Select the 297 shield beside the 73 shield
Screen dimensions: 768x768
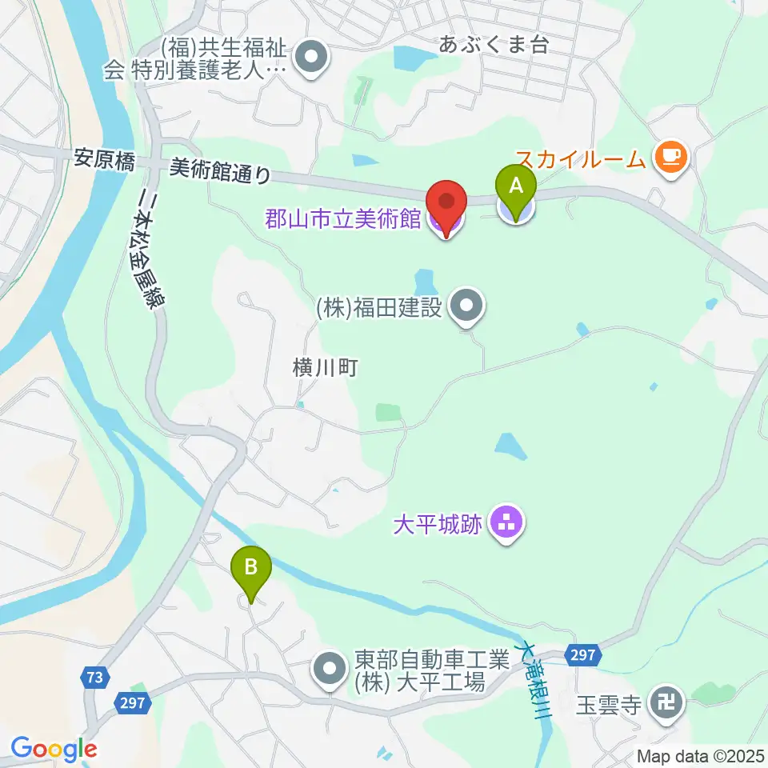coord(134,702)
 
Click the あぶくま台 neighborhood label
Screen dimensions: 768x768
coord(494,44)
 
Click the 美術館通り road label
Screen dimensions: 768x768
coord(221,170)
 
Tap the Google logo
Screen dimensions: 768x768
coord(54,750)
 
